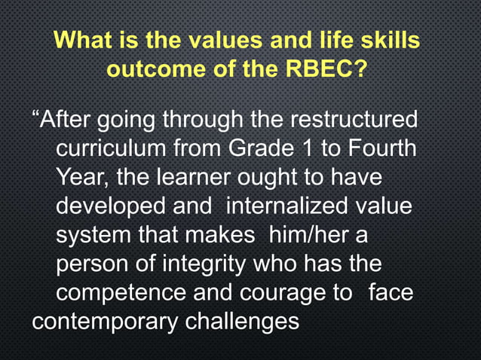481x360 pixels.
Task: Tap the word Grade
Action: point(271,148)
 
